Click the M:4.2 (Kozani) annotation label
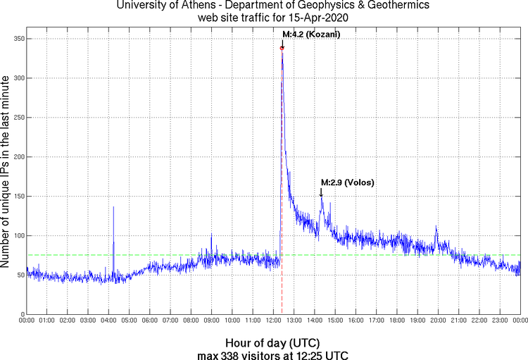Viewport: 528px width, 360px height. pyautogui.click(x=310, y=34)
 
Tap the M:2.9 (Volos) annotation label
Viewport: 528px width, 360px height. pyautogui.click(x=347, y=182)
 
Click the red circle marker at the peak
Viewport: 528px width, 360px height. pyautogui.click(x=282, y=48)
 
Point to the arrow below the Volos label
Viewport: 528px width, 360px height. pyautogui.click(x=322, y=192)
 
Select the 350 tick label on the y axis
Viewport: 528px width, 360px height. pyautogui.click(x=15, y=39)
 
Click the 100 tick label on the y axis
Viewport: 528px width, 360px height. pyautogui.click(x=15, y=235)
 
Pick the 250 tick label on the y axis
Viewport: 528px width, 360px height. pyautogui.click(x=15, y=118)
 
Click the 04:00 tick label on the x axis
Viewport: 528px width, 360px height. pyautogui.click(x=109, y=321)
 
